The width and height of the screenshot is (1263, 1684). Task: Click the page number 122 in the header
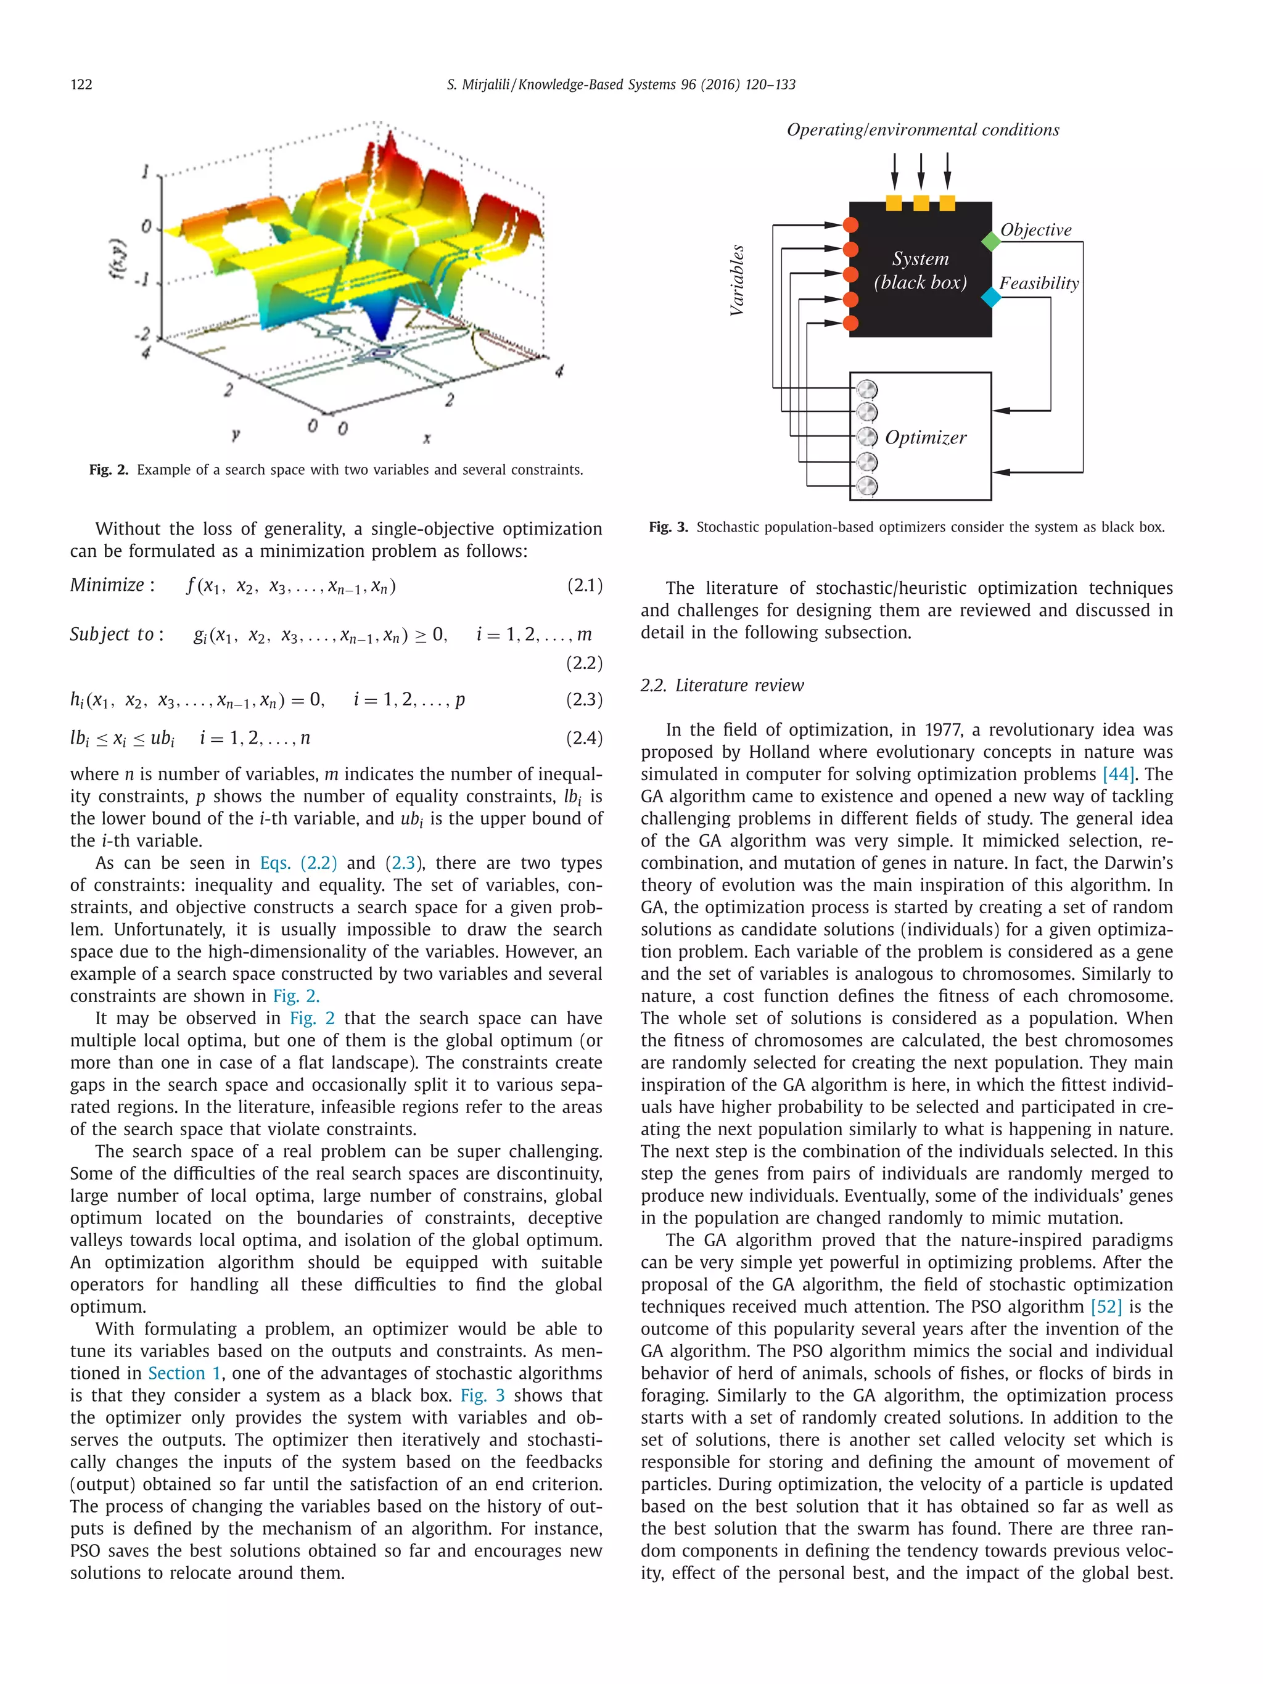(x=81, y=84)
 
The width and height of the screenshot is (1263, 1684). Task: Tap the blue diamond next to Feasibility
(x=990, y=297)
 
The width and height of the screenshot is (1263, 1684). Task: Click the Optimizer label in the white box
(x=925, y=437)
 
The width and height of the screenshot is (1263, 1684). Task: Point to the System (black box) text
(x=920, y=270)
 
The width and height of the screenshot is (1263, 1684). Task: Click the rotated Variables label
(x=736, y=280)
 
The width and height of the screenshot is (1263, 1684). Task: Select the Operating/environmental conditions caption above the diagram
(x=923, y=129)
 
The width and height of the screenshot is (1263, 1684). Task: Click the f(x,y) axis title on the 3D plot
(x=120, y=260)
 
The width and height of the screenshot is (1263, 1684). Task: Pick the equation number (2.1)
(x=585, y=585)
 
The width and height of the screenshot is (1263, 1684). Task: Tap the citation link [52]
(x=1106, y=1307)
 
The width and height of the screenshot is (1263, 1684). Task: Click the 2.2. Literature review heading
(x=722, y=685)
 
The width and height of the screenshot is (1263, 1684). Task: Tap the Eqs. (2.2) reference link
(x=298, y=863)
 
